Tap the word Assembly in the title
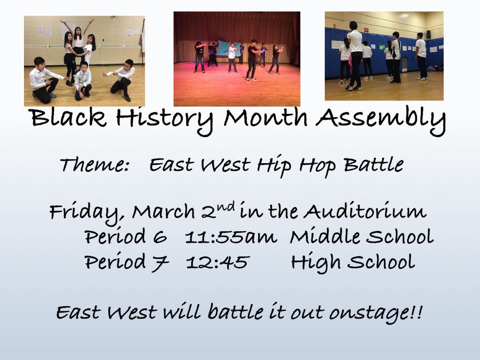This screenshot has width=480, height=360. [x=381, y=121]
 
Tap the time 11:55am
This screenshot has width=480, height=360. [x=231, y=237]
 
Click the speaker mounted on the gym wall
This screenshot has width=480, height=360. [x=429, y=34]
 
